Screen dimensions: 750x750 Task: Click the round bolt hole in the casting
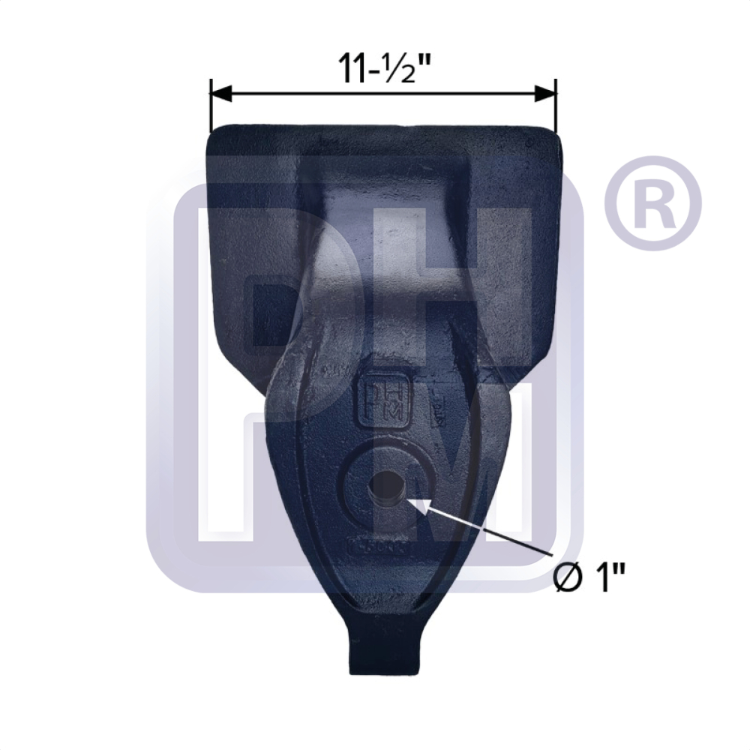(x=386, y=490)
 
